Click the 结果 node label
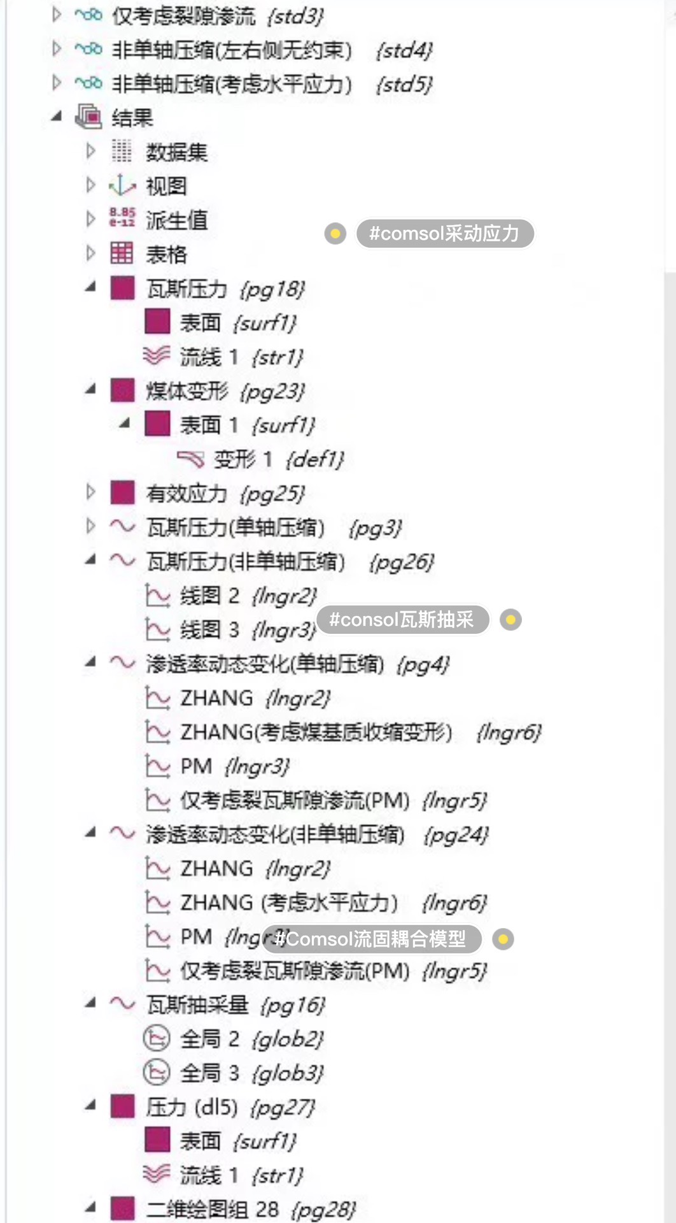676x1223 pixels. (x=132, y=118)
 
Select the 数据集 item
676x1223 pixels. (x=176, y=152)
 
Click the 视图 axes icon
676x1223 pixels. (x=122, y=186)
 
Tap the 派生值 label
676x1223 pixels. (x=176, y=220)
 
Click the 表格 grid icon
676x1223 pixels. (x=122, y=254)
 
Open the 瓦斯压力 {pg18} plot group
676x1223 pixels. (x=225, y=289)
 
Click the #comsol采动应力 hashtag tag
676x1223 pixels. (x=444, y=234)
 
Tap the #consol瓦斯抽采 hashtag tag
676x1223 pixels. (x=402, y=620)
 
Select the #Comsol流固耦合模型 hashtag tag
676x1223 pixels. (x=371, y=939)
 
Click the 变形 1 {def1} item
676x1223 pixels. (x=278, y=459)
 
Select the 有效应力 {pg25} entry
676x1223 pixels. (x=225, y=494)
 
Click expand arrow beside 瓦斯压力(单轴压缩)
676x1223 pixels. (x=90, y=526)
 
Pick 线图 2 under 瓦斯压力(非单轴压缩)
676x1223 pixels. (x=248, y=596)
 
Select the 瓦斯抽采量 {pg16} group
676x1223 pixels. (x=235, y=1005)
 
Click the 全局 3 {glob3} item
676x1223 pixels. (x=251, y=1073)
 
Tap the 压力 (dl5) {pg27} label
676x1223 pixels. (x=230, y=1108)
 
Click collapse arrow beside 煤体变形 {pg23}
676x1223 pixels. (x=90, y=389)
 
